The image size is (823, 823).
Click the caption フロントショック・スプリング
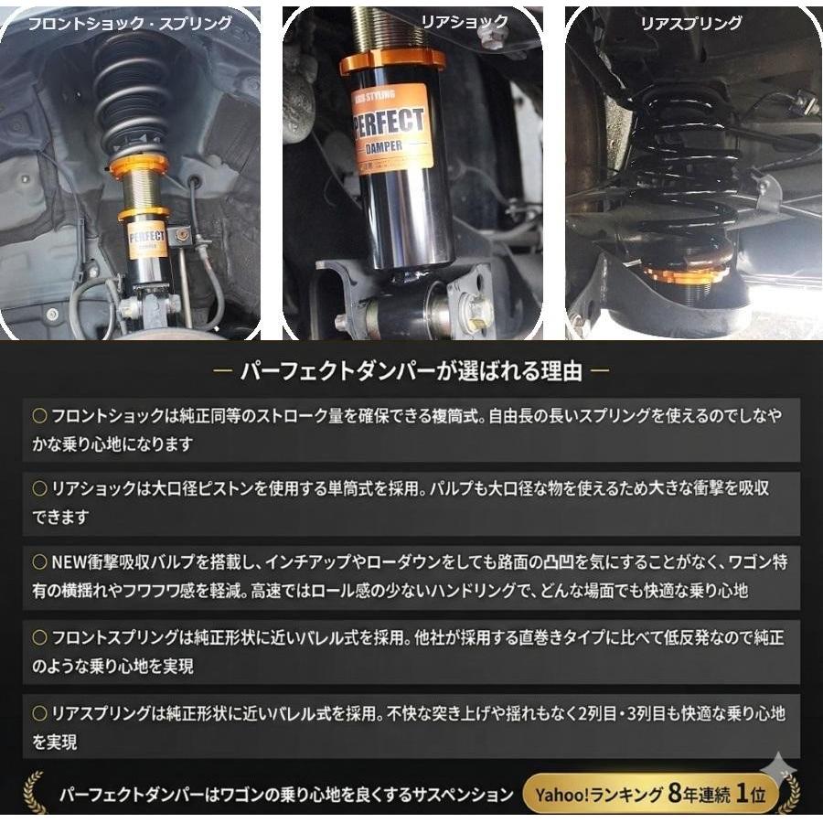tap(129, 24)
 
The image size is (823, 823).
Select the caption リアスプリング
tap(691, 24)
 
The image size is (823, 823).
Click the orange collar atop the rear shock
tap(392, 62)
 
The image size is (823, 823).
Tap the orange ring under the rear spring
tap(685, 273)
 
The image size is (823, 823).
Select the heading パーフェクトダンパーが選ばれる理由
tap(411, 371)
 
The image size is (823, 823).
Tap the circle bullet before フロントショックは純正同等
tap(39, 415)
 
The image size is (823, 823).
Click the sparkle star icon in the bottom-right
tap(778, 765)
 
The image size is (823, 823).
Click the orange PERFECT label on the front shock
tap(146, 240)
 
